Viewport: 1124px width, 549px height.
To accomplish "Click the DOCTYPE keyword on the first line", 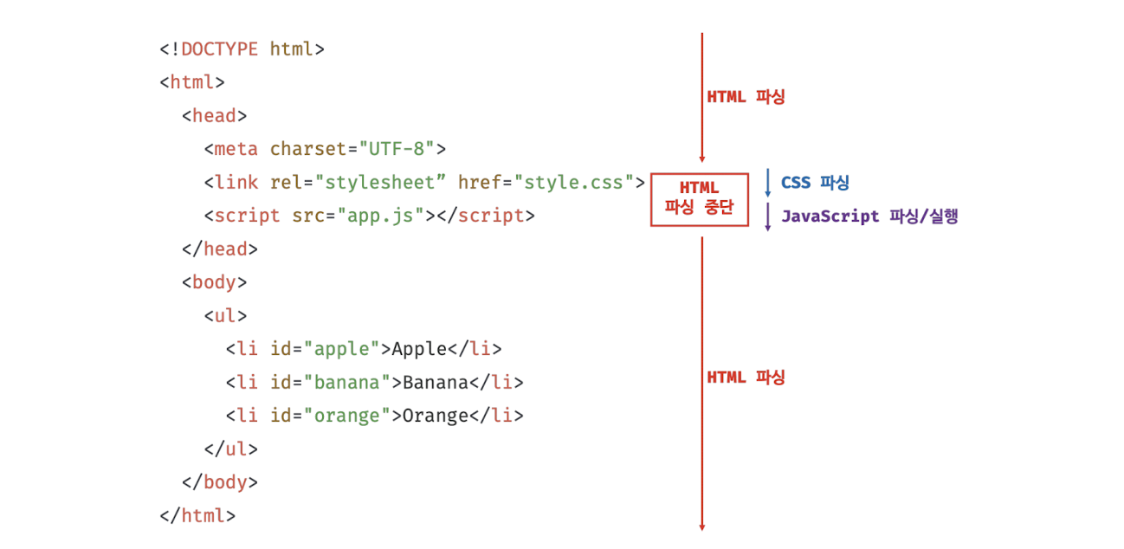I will click(x=219, y=49).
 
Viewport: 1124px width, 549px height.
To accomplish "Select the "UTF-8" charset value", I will click(x=397, y=149).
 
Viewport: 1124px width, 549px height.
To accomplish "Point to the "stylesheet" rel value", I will click(x=381, y=183).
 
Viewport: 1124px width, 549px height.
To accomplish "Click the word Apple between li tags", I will click(x=419, y=349).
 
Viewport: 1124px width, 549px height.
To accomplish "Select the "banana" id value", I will click(x=347, y=382).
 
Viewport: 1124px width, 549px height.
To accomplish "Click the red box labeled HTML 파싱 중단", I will click(x=699, y=198).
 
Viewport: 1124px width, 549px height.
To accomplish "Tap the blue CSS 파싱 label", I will click(x=815, y=183).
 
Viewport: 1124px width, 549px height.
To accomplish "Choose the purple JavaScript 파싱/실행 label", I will click(x=869, y=216).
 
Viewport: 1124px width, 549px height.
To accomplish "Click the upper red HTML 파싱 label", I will click(x=746, y=97).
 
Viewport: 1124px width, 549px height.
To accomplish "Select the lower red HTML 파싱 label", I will click(x=746, y=378).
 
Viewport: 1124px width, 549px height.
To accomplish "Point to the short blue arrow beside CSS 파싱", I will click(x=767, y=183).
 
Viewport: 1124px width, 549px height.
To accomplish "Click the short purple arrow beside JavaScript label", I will click(x=767, y=216).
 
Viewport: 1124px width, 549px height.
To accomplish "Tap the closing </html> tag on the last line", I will click(x=197, y=515).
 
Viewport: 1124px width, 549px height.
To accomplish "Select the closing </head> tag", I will click(x=220, y=249).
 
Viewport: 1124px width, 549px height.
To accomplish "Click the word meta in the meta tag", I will click(x=236, y=149).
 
